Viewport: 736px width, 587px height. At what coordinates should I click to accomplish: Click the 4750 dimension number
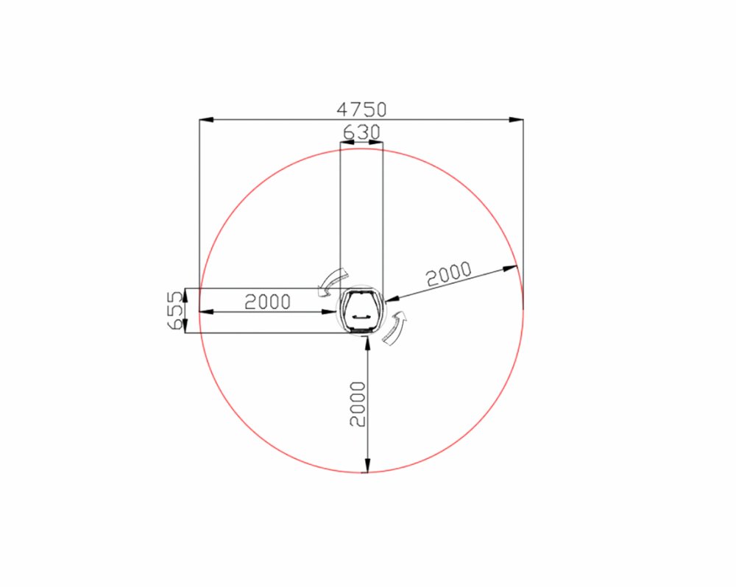pyautogui.click(x=361, y=110)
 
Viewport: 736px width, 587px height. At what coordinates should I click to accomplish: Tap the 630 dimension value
pyautogui.click(x=361, y=132)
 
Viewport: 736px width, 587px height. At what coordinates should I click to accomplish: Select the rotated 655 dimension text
pyautogui.click(x=174, y=310)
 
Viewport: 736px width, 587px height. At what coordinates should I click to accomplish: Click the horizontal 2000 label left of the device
pyautogui.click(x=268, y=302)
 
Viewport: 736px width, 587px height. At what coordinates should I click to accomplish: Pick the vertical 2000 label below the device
pyautogui.click(x=358, y=404)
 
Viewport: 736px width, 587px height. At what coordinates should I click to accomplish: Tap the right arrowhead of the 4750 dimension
pyautogui.click(x=516, y=120)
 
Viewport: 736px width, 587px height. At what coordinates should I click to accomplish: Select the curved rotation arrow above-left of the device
pyautogui.click(x=331, y=282)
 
